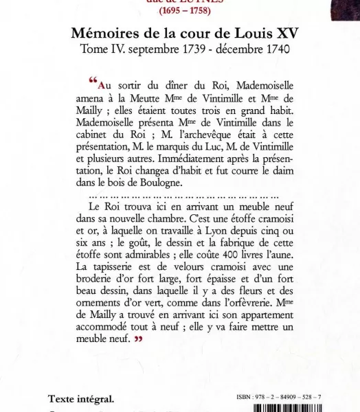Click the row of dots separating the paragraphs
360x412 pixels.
click(x=184, y=196)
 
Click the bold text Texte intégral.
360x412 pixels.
click(x=80, y=399)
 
